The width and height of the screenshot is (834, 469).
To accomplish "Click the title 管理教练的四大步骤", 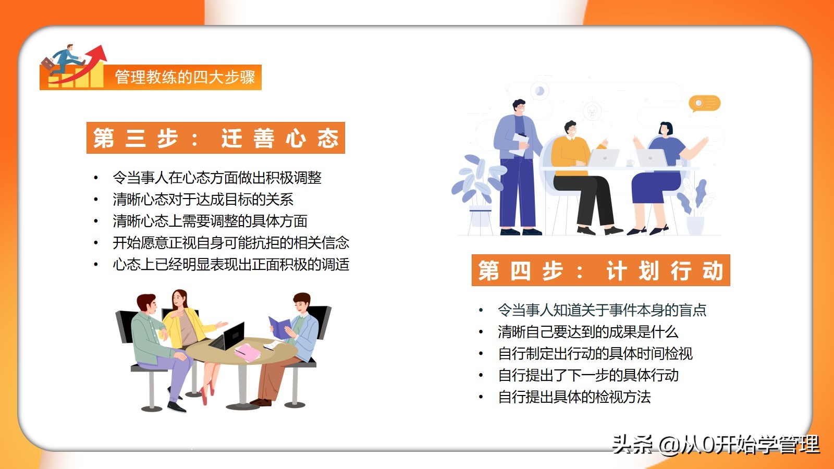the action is click(x=185, y=77).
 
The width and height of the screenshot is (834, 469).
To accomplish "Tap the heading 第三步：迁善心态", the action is click(x=216, y=138).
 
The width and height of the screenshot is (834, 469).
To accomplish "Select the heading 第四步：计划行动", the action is click(x=600, y=270).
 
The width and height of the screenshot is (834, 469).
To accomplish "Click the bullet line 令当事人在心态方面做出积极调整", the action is click(x=217, y=178).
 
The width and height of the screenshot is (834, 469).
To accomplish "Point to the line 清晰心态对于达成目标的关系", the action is click(x=203, y=199).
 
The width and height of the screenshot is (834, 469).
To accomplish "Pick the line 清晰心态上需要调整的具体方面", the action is click(x=210, y=221).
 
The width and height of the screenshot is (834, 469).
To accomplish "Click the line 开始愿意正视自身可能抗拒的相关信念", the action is click(x=231, y=243).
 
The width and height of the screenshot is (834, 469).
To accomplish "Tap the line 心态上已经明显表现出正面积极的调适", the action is click(x=231, y=264).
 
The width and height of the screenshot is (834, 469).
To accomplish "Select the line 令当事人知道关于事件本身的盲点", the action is click(x=602, y=310).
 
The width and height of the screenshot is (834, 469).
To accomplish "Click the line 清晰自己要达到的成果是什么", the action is click(x=588, y=331).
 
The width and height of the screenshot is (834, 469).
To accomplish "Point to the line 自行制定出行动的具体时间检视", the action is click(x=595, y=353).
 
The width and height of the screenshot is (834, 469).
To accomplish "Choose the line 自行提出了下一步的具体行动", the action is click(x=588, y=375).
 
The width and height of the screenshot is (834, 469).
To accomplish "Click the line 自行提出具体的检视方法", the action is click(x=574, y=397).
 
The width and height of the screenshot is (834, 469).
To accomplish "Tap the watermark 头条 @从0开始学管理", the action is click(x=716, y=445).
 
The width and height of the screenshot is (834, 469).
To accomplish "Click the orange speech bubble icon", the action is click(x=704, y=104).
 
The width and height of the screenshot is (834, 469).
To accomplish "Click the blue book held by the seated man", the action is click(x=279, y=328).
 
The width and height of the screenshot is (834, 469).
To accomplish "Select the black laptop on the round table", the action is click(x=228, y=337).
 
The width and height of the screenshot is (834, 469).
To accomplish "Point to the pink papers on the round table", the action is click(x=248, y=352).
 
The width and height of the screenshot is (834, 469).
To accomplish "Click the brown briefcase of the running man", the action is click(x=48, y=64).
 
